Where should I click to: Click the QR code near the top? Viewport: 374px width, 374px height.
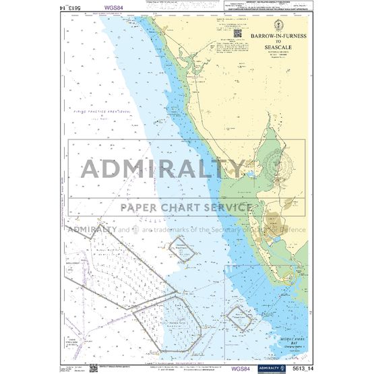pyautogui.click(x=237, y=32)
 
